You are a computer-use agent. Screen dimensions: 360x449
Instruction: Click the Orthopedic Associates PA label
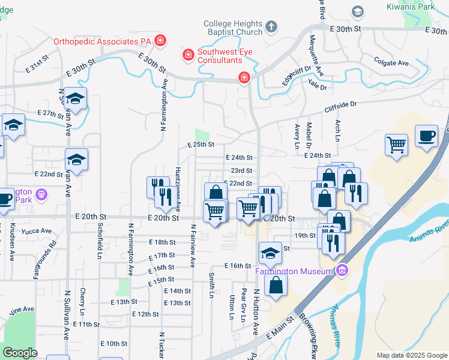point(103,41)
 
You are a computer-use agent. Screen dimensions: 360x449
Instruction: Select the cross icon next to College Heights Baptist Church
point(271,27)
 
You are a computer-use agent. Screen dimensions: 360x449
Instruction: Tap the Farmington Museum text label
point(293,272)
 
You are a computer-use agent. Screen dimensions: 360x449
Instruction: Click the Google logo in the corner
point(20,353)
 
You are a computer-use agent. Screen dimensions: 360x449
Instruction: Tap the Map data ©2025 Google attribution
point(411,355)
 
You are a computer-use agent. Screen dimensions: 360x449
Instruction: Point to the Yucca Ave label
point(34,230)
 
